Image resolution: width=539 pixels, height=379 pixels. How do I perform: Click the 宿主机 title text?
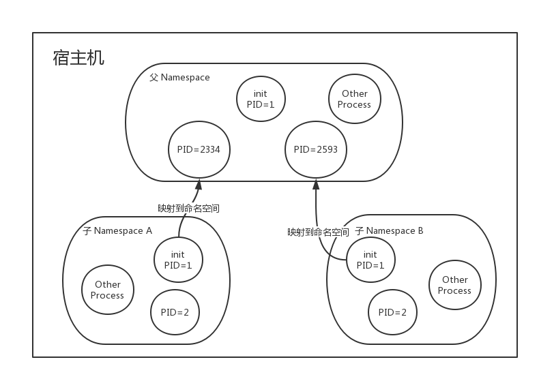[78, 58]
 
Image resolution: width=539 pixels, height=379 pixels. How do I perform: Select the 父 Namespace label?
[179, 78]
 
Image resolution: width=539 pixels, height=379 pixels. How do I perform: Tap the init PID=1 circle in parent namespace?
[261, 100]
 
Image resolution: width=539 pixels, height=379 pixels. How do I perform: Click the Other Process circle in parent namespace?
[354, 100]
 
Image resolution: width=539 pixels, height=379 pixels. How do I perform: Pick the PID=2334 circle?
[199, 149]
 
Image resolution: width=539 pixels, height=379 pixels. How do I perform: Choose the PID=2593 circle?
[316, 149]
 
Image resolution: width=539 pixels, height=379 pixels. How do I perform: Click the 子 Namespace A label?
[117, 231]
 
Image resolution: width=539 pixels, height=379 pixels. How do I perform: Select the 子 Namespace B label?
[389, 231]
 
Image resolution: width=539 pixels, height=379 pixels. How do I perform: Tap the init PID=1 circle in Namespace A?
[178, 260]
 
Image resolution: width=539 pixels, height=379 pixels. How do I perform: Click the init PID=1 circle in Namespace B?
[370, 260]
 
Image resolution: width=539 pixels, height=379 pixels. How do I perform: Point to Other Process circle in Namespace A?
[108, 290]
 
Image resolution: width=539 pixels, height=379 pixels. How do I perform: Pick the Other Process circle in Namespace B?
[454, 285]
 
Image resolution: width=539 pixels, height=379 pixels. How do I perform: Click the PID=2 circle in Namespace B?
[392, 312]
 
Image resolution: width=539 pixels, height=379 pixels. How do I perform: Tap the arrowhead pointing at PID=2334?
[199, 184]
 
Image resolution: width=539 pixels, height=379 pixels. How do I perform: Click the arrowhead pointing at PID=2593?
[316, 184]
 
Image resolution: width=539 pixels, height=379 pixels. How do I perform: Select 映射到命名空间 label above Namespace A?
[188, 209]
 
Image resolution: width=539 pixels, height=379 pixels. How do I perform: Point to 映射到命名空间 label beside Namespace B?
[318, 232]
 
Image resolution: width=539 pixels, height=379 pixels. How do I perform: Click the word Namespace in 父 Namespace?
[185, 78]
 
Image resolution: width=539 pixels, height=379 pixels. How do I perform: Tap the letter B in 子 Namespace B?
[420, 231]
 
